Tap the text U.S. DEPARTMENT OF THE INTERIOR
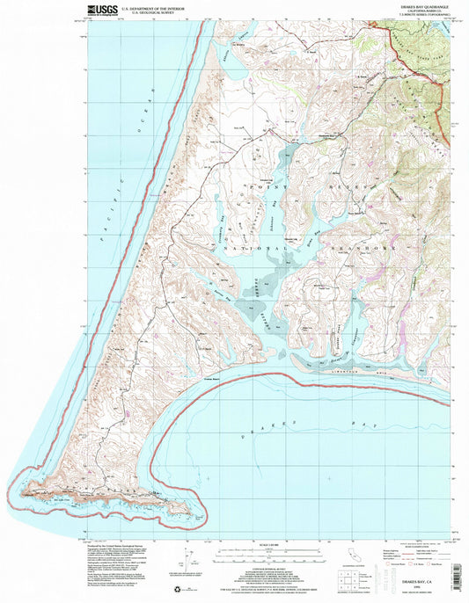[x=159, y=8]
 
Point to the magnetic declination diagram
[x=187, y=559]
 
